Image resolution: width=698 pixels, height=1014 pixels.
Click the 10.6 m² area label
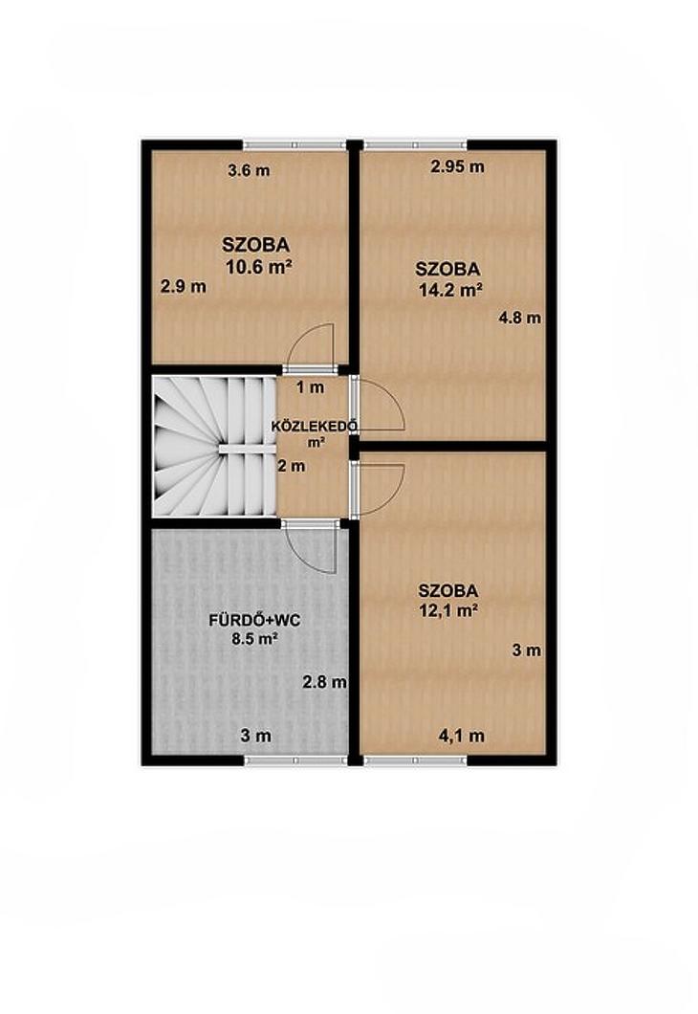[x=256, y=267]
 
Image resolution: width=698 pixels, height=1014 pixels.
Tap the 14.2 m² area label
[x=450, y=291]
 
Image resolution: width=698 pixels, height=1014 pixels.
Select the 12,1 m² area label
[x=447, y=609]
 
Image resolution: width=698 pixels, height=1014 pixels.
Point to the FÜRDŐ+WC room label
[x=254, y=621]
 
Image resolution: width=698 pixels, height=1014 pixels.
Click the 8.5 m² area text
[x=254, y=639]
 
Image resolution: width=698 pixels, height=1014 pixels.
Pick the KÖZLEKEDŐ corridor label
[x=315, y=426]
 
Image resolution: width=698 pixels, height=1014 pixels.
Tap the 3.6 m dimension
[x=249, y=170]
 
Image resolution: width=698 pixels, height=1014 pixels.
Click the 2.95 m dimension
[x=458, y=166]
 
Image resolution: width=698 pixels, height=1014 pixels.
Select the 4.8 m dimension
[x=519, y=318]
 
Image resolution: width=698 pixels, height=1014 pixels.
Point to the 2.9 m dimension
[x=184, y=286]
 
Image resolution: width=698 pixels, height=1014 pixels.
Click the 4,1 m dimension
[x=462, y=736]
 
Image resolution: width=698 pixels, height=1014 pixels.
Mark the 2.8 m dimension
[x=324, y=682]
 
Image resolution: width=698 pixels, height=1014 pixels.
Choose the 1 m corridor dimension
[x=310, y=388]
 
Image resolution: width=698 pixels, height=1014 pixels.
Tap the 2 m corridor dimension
[x=292, y=466]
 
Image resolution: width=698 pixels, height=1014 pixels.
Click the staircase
[x=214, y=447]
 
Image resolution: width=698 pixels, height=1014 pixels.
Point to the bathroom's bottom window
[x=295, y=760]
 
